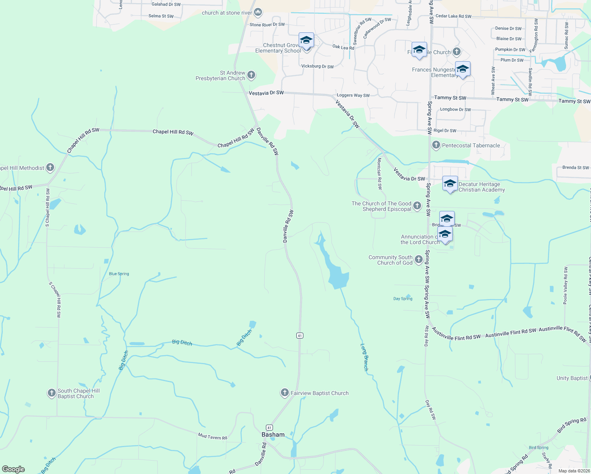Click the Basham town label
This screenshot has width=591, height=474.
[273, 434]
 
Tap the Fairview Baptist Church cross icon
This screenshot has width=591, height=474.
[284, 393]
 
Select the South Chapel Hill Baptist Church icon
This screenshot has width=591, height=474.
[51, 393]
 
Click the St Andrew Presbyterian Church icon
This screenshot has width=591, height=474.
[251, 75]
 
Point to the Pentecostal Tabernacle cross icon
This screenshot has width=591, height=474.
[436, 145]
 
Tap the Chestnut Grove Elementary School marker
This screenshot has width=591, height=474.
[306, 41]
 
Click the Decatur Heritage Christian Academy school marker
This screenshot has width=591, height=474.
[450, 184]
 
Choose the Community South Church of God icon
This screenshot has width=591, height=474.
[419, 260]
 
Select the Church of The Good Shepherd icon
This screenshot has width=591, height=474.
[417, 205]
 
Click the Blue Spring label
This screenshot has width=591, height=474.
[119, 274]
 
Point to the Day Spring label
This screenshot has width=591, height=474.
[403, 299]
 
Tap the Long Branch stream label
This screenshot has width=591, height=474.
[365, 357]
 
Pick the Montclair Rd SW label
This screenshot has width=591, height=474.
[380, 173]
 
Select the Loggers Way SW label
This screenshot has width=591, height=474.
[353, 95]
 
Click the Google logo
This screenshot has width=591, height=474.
[13, 469]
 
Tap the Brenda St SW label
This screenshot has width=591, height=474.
[576, 167]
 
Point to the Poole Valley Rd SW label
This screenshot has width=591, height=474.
[566, 286]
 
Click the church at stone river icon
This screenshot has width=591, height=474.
[258, 12]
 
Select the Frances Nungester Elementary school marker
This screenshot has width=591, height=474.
[463, 70]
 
